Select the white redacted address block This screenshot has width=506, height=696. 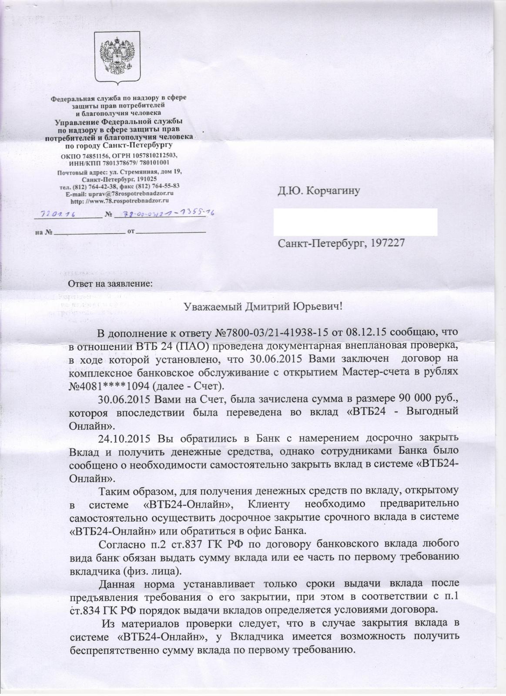click(355, 222)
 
